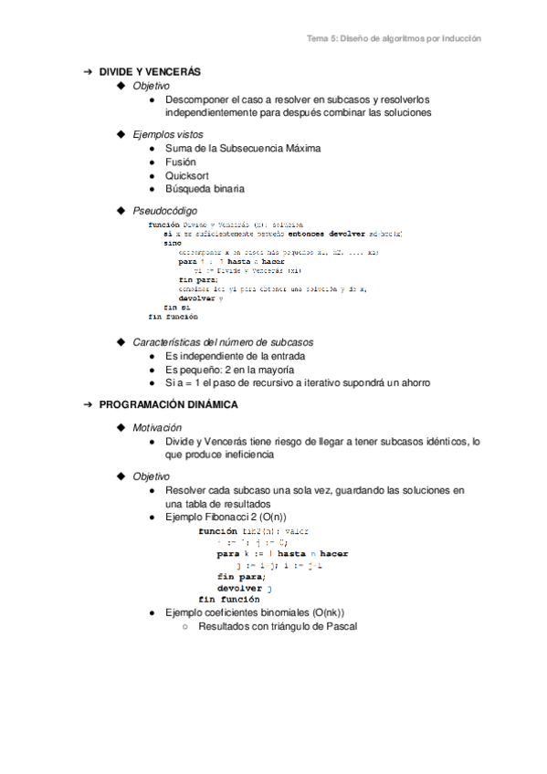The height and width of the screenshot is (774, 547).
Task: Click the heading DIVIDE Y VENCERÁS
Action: tap(150, 71)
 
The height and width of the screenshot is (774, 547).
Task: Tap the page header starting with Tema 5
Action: tap(393, 39)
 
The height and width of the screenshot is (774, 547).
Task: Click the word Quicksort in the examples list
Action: tap(187, 175)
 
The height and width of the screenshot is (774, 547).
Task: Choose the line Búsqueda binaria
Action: tap(205, 189)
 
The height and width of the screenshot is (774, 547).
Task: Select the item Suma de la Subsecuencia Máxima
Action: tap(243, 148)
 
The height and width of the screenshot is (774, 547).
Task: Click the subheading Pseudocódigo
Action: tap(164, 211)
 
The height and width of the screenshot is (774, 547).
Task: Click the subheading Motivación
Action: tap(157, 426)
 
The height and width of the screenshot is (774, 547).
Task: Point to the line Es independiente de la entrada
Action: tap(235, 356)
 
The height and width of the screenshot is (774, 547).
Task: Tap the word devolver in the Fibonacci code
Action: tap(240, 589)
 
